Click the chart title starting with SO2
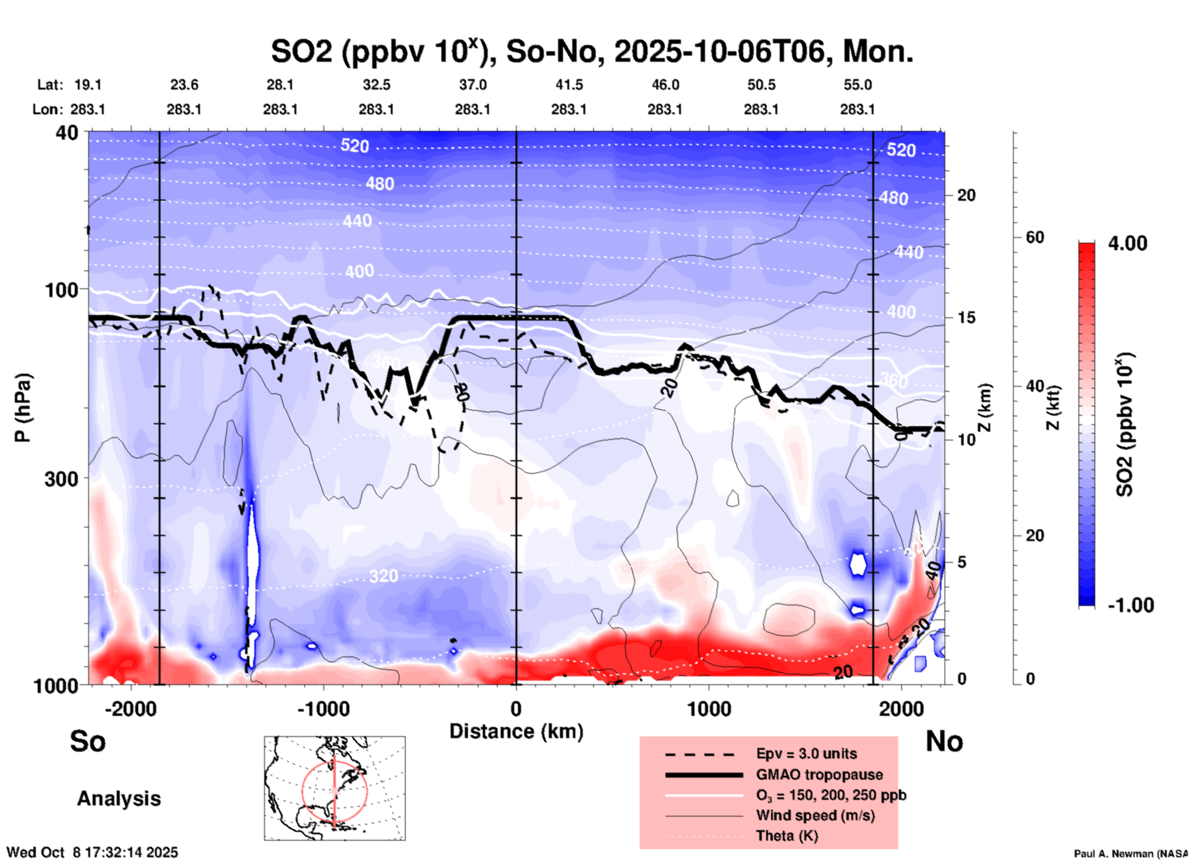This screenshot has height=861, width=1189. (x=591, y=52)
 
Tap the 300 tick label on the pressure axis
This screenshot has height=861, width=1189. (x=61, y=478)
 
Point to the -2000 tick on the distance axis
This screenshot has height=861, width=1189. (x=130, y=709)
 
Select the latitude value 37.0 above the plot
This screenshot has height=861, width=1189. (x=472, y=85)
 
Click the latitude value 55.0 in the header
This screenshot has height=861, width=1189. (x=857, y=85)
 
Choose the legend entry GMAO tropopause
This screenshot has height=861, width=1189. (x=819, y=775)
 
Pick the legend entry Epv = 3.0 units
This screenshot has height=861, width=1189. (x=806, y=754)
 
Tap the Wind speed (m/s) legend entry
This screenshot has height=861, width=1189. (x=815, y=815)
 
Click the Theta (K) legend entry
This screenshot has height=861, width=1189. (x=786, y=836)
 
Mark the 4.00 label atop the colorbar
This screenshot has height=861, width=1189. (x=1127, y=243)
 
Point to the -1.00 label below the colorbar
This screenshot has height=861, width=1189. (x=1130, y=605)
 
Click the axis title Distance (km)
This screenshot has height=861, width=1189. (x=516, y=731)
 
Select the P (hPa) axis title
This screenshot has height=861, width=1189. (x=23, y=408)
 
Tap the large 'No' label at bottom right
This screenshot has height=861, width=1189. (x=944, y=741)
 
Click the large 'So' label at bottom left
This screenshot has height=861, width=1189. (x=88, y=741)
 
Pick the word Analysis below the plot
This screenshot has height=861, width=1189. (x=119, y=799)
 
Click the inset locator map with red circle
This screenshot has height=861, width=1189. (x=335, y=787)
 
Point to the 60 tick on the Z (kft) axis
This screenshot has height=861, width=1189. (x=1035, y=237)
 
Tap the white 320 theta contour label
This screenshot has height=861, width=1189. (x=383, y=576)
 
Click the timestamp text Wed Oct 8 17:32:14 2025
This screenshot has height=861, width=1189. (x=93, y=852)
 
